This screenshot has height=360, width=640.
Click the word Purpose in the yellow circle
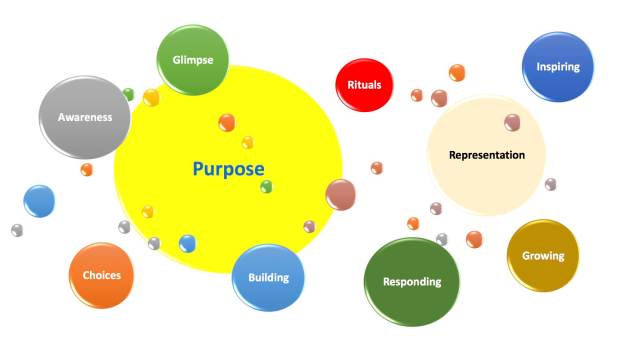[x=228, y=169]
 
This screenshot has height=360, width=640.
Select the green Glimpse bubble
[x=192, y=60]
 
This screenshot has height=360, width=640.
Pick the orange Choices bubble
[x=101, y=275]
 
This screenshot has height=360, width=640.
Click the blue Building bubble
[x=268, y=277]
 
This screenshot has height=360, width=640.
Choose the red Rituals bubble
[x=364, y=86]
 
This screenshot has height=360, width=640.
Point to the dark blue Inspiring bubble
[x=558, y=67]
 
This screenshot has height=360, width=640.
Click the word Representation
[x=487, y=155]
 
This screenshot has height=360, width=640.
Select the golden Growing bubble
[x=543, y=255]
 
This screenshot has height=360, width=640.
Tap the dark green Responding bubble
[x=411, y=281]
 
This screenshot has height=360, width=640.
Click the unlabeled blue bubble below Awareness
[x=39, y=200]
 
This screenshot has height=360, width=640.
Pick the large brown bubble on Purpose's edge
[x=341, y=194]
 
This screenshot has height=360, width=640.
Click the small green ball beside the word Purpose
[x=267, y=186]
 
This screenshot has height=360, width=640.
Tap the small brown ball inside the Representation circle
[x=512, y=122]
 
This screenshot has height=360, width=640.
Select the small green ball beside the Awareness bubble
[x=128, y=94]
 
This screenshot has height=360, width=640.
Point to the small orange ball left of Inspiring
[x=457, y=72]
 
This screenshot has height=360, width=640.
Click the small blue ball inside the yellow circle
[x=187, y=243]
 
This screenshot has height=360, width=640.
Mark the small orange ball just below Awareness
[x=87, y=170]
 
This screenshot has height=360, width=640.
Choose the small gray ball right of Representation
[x=551, y=184]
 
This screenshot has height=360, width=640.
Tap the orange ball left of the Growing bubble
[x=474, y=238]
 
